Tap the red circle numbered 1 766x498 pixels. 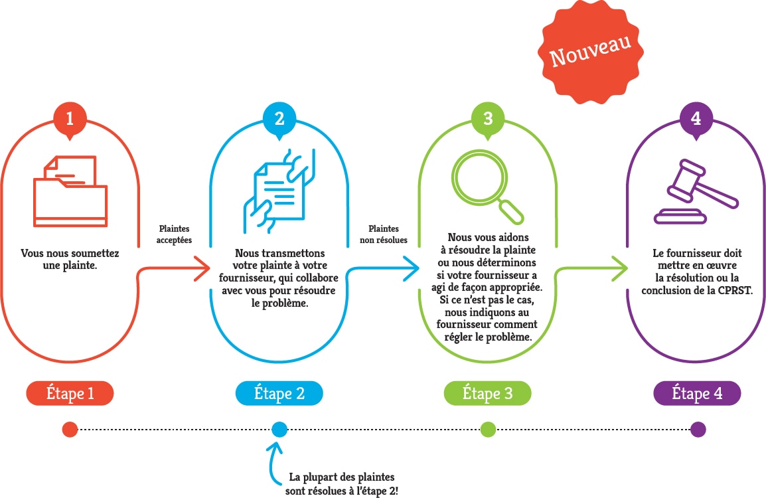[x=70, y=120]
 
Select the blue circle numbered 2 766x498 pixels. [x=279, y=120]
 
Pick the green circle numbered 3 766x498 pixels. [x=488, y=120]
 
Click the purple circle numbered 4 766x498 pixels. [x=696, y=120]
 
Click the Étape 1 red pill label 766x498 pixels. [x=70, y=394]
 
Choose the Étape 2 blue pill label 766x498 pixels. [x=279, y=394]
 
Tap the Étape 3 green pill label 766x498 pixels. [x=488, y=394]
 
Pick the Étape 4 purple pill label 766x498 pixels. [x=697, y=394]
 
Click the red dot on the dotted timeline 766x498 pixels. [x=70, y=430]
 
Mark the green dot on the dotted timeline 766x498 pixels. [x=488, y=430]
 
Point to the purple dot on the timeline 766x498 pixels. [x=698, y=430]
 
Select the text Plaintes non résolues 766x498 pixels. [x=384, y=234]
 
